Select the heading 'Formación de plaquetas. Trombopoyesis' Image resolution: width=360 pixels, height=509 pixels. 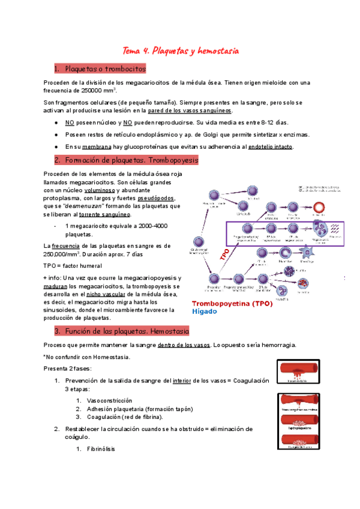pyautogui.click(x=130, y=160)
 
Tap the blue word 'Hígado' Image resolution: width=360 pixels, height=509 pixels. pyautogui.click(x=205, y=312)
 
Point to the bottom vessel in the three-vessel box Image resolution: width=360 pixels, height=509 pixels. pyautogui.click(x=293, y=441)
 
